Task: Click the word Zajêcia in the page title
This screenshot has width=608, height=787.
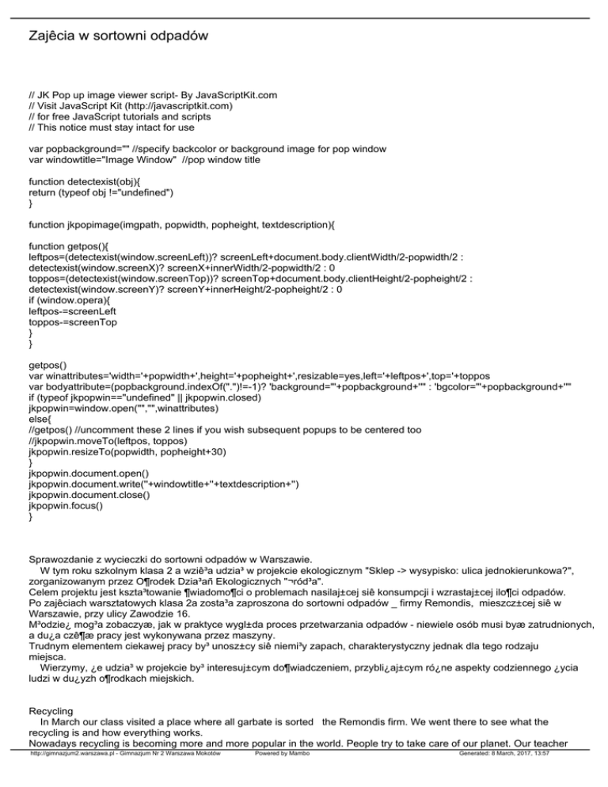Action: tap(53, 36)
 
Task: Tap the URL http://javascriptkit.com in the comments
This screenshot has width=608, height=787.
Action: tap(143, 105)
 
